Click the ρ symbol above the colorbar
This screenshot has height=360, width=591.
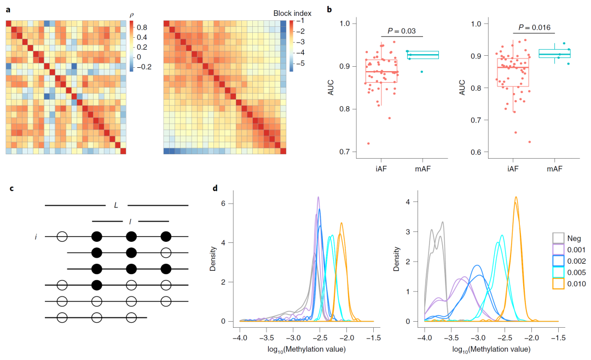pyautogui.click(x=131, y=15)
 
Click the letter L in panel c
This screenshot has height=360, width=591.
pyautogui.click(x=116, y=205)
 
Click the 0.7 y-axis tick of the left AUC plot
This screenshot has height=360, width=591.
pyautogui.click(x=345, y=152)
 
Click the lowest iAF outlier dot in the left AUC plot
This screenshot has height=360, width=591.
pyautogui.click(x=368, y=143)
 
